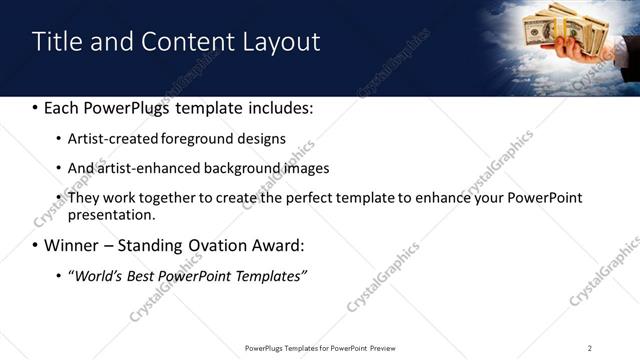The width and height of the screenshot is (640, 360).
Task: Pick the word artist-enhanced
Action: (147, 168)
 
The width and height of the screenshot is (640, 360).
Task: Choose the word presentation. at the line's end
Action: (111, 214)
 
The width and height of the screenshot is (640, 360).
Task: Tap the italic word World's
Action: (97, 275)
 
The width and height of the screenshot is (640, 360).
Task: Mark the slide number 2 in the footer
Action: (590, 347)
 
